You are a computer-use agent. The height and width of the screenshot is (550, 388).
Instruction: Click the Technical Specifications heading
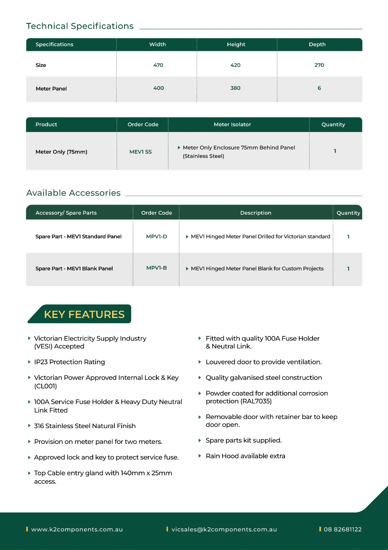tap(80, 26)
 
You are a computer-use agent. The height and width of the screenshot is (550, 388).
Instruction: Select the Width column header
tap(157, 44)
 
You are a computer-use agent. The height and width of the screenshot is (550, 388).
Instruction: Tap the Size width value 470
tap(158, 65)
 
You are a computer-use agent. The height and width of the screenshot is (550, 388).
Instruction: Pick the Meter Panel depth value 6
tap(319, 88)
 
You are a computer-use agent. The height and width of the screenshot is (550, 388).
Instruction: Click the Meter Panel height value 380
tap(235, 88)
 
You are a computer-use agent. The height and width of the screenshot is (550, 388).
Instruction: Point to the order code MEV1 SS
tap(140, 152)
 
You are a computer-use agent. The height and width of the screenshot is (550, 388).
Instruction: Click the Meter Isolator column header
tap(232, 124)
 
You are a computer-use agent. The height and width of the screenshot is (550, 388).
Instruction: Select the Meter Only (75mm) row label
tap(61, 152)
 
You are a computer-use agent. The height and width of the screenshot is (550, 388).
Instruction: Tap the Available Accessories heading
tap(73, 193)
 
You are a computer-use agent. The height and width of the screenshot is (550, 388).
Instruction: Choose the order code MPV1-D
tap(156, 236)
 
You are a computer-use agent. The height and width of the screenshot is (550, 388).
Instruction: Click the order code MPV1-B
tap(156, 268)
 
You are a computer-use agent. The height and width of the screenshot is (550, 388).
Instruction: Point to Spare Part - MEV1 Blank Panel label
tap(74, 269)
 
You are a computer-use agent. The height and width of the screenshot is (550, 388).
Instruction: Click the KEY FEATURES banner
tap(84, 314)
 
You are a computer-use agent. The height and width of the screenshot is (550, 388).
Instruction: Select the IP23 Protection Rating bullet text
tap(70, 362)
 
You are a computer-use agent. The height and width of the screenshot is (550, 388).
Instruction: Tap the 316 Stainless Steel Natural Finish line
tap(85, 426)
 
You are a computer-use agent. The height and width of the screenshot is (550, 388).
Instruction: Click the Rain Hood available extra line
tap(245, 456)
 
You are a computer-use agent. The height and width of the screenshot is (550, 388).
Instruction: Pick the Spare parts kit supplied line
tap(243, 440)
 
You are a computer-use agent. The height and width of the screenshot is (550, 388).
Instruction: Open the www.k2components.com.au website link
tap(77, 529)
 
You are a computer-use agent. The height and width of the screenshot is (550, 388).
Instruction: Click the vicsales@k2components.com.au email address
tap(224, 529)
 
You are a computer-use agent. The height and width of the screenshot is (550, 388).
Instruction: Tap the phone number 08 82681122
tap(343, 529)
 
